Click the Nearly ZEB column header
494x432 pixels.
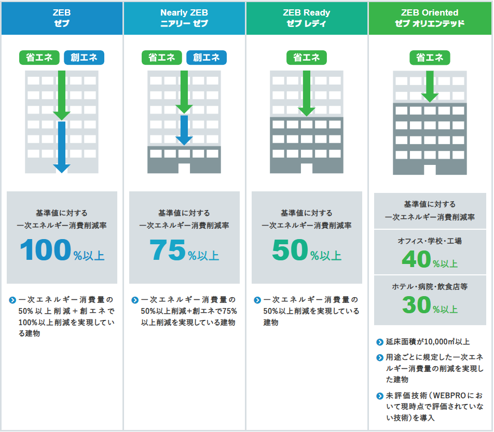(184, 18)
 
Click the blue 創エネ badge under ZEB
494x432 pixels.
(84, 58)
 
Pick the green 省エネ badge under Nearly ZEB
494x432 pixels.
(161, 58)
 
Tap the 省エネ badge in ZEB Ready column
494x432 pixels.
(307, 58)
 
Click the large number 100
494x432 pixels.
(46, 249)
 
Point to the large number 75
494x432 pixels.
(168, 249)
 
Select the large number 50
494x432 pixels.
(290, 249)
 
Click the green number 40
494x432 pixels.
(416, 259)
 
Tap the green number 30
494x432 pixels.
(416, 305)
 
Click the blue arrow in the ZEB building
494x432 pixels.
(62, 147)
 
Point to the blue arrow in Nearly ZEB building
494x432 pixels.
(184, 130)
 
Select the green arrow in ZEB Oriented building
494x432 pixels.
(430, 86)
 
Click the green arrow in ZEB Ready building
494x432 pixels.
(307, 93)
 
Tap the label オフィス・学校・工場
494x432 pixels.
(430, 241)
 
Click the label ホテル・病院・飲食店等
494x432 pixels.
(430, 287)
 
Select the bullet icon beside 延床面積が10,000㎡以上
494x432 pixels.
(380, 342)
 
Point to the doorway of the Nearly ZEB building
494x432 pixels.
(184, 168)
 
